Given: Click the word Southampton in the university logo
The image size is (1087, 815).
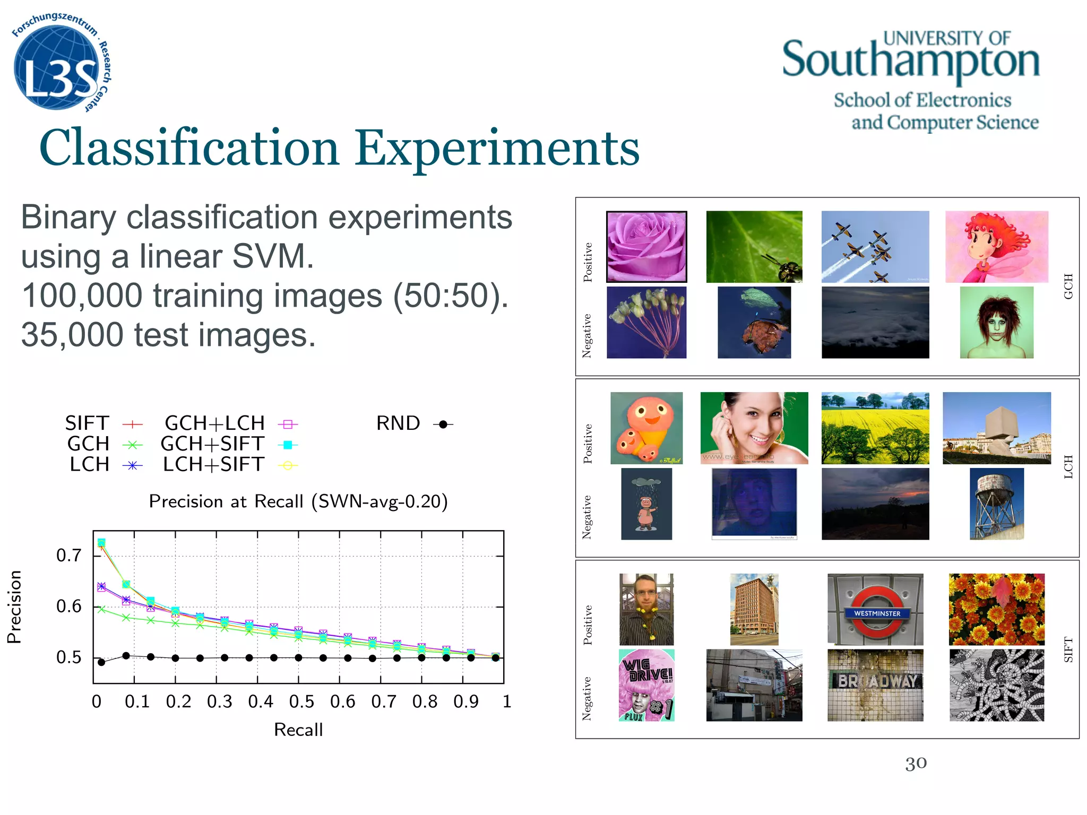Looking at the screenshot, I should (910, 61).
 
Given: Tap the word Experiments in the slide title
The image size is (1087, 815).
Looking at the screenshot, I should (497, 148).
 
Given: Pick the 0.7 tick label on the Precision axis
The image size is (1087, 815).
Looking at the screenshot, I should (69, 556).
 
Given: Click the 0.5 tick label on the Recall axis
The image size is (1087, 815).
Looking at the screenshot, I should (301, 702).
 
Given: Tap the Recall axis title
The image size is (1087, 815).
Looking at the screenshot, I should (298, 730).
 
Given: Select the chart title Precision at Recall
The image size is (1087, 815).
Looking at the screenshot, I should (298, 501).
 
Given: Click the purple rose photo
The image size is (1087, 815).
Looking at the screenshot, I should (646, 247).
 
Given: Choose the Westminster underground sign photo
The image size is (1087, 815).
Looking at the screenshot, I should (875, 609).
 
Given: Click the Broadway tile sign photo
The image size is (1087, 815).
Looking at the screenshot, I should (875, 685).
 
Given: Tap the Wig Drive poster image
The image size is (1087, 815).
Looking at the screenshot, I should (646, 685).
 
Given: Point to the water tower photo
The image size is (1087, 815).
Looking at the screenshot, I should (996, 504).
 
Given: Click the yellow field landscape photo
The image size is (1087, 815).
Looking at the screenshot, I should (875, 428).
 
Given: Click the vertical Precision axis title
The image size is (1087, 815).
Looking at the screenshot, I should (15, 607).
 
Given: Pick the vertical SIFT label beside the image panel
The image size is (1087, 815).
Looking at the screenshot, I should (1068, 649).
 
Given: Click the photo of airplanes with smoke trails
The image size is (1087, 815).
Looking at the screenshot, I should (875, 247).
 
